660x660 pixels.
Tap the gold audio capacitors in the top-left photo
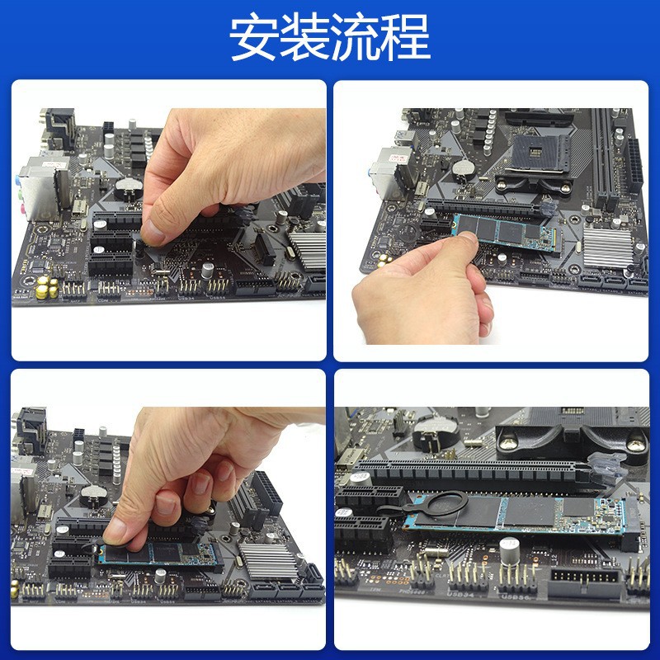coord(45,288)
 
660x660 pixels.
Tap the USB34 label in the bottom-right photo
coord(460,593)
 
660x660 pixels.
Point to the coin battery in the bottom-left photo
coord(93,495)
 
